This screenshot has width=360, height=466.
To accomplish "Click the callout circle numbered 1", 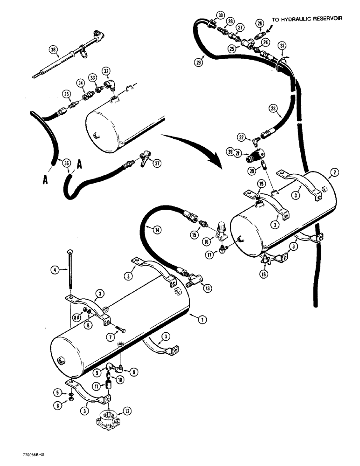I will pos(202,320).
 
